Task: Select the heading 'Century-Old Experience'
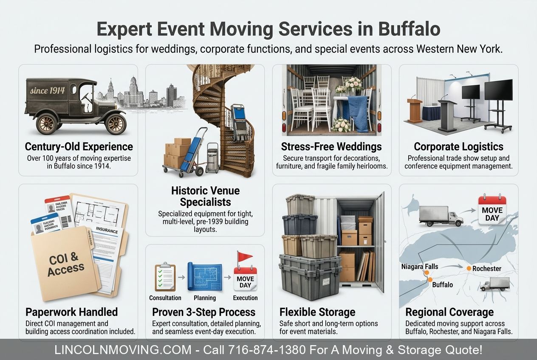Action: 79,147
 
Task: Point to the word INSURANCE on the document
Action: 107,230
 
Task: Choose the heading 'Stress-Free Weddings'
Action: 331,147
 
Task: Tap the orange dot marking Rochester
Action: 469,268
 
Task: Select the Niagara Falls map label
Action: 420,267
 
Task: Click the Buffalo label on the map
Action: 442,284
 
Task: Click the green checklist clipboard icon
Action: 165,277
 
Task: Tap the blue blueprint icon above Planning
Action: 205,276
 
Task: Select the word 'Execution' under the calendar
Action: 245,298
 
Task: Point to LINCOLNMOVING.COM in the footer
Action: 123,350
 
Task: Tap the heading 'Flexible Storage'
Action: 317,312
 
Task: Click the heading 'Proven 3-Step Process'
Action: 204,312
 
